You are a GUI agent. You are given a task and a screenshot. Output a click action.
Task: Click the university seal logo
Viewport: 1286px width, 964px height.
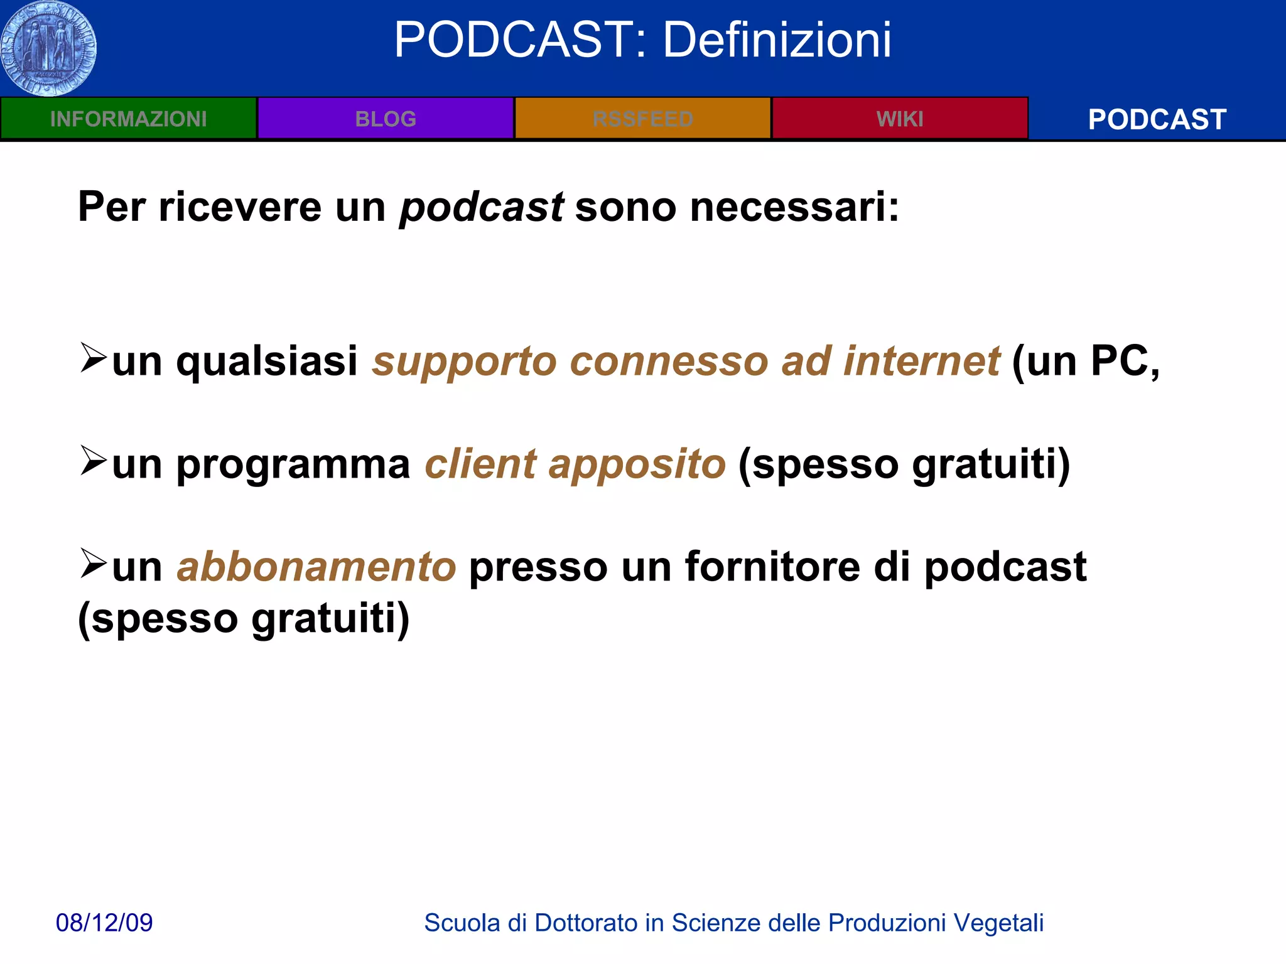(x=49, y=48)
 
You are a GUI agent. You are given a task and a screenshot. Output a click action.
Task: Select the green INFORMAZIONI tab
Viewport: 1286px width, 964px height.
(x=128, y=119)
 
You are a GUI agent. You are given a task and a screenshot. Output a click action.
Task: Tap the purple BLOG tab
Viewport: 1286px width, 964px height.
(x=386, y=119)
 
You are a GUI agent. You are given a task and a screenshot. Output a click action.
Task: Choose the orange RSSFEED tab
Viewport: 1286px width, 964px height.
(x=642, y=119)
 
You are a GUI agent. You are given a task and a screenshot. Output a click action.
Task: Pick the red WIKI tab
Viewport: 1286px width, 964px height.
(x=900, y=119)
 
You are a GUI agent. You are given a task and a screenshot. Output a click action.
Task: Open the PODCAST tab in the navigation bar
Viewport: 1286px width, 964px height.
(x=1157, y=119)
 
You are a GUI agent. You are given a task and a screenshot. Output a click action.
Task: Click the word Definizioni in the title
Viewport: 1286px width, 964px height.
(x=777, y=40)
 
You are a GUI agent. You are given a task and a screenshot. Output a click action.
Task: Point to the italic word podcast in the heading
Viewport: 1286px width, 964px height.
(x=481, y=207)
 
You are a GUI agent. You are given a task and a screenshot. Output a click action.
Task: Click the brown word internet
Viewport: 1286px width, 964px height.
(x=921, y=361)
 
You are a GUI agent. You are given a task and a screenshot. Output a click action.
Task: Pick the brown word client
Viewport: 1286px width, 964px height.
(x=481, y=464)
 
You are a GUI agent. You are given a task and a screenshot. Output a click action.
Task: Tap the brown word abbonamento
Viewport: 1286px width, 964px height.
(x=316, y=567)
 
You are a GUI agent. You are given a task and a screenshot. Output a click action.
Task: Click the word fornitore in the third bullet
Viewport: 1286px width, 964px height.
(x=772, y=567)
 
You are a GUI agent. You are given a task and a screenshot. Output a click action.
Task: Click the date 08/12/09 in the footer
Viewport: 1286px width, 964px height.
(x=104, y=923)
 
